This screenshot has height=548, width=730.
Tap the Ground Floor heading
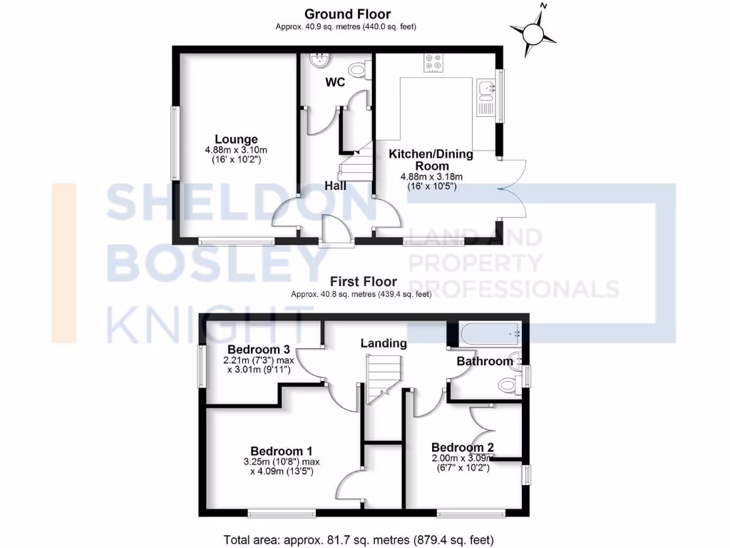click(347, 14)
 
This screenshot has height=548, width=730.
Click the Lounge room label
click(236, 139)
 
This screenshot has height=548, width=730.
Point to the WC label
click(335, 82)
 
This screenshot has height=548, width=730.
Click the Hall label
click(335, 186)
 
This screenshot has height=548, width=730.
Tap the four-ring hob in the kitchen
click(433, 63)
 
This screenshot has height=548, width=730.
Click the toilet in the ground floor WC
click(364, 72)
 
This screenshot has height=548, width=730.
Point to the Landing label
click(384, 343)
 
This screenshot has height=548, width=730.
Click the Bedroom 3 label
click(258, 350)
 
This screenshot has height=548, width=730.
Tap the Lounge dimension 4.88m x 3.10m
click(236, 150)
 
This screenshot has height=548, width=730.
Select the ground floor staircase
click(356, 163)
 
